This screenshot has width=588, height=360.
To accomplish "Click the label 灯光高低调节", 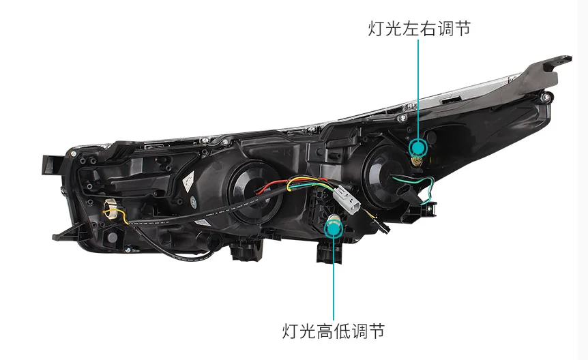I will (x=334, y=331).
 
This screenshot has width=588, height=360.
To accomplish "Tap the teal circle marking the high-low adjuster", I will (x=334, y=224).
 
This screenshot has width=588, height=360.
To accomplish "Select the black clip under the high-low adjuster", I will (x=328, y=252).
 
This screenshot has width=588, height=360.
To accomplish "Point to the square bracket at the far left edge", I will (x=49, y=164).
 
